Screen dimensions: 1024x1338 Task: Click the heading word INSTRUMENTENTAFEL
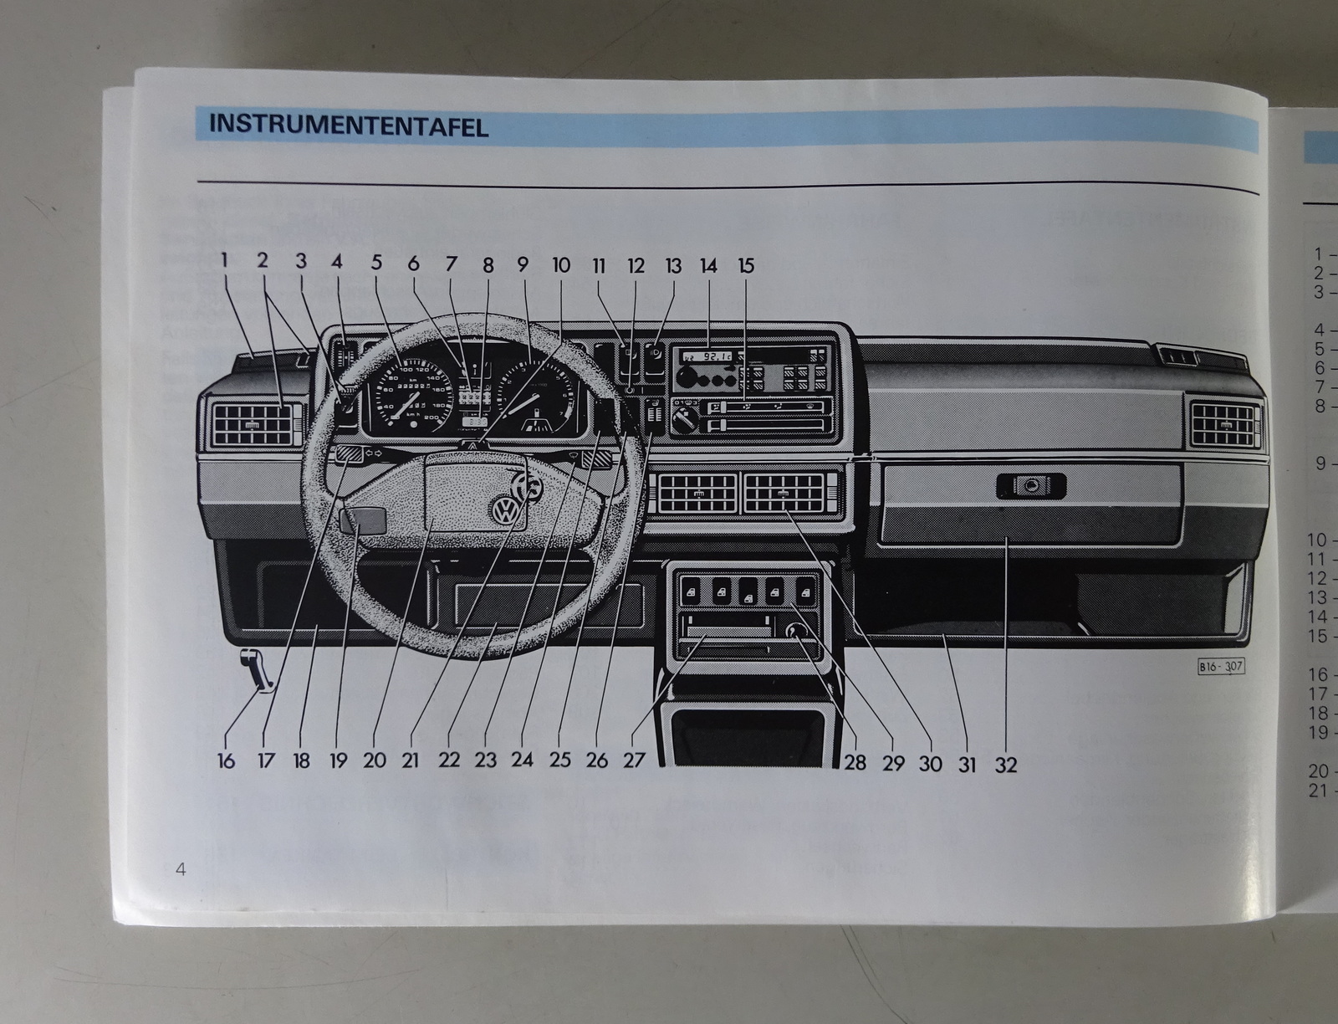(348, 125)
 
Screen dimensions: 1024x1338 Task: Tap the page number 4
(181, 868)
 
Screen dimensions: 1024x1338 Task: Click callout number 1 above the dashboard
(224, 260)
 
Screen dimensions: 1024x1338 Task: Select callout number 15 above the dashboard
(746, 266)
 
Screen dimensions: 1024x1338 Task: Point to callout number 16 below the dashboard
(226, 760)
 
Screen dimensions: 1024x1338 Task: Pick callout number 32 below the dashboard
(1006, 764)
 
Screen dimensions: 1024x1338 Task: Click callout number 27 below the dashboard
(634, 760)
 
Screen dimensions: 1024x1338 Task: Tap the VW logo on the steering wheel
(507, 510)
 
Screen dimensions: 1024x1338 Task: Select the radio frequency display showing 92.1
(707, 356)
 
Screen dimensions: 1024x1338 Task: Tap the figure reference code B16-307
(1221, 667)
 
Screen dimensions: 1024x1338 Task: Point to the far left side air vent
(254, 425)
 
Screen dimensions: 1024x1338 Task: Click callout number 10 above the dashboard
(561, 265)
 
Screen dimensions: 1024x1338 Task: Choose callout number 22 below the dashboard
(449, 760)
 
